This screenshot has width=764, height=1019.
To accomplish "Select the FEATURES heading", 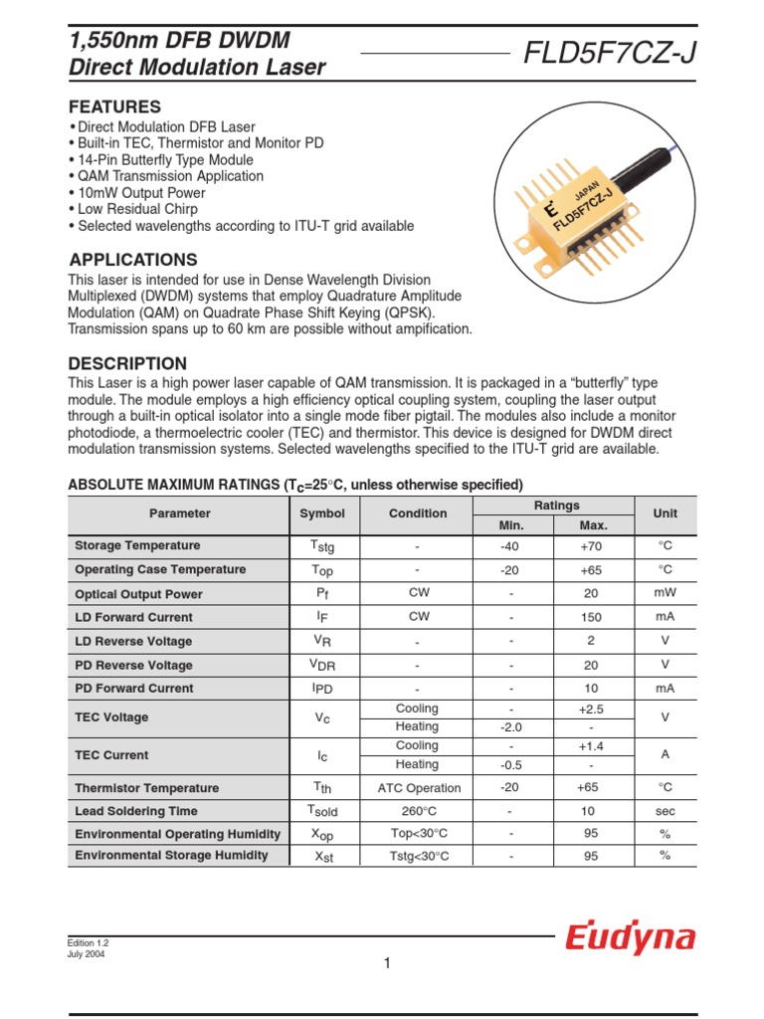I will (114, 106).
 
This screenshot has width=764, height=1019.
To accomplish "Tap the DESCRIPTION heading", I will (127, 363).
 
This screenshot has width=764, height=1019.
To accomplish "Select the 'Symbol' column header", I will (322, 513).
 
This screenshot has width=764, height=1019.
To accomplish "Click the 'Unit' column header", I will (665, 513).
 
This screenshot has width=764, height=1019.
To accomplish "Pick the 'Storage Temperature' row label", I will (137, 546).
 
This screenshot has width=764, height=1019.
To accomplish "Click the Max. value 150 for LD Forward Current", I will (591, 617).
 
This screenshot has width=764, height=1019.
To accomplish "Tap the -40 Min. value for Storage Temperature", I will (510, 546).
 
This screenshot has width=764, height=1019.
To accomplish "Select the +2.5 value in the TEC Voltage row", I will (591, 710).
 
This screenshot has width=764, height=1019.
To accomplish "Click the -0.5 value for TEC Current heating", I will (510, 765).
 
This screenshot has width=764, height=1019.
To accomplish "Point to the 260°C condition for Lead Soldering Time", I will (417, 811).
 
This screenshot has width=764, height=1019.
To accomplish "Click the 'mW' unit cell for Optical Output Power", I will (665, 594).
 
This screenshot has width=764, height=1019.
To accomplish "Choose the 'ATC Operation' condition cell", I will (417, 788).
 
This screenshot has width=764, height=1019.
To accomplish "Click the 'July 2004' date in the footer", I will (86, 953).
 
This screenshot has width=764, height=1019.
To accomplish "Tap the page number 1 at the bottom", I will (388, 963).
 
